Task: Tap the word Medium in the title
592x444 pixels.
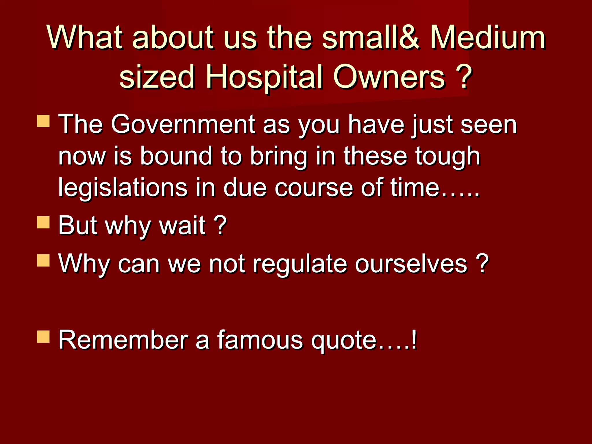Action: point(488,38)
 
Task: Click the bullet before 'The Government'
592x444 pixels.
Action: point(43,121)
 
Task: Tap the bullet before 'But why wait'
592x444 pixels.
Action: point(43,223)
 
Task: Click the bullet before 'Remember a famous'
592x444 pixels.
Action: point(43,336)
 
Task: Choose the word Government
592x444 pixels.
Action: point(183,124)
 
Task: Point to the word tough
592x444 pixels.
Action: point(448,156)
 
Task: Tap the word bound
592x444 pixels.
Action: point(176,156)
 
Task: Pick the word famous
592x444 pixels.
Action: point(260,340)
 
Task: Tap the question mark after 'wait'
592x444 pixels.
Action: point(221,225)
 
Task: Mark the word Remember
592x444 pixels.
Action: point(123,340)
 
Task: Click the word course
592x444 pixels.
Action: point(314,188)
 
